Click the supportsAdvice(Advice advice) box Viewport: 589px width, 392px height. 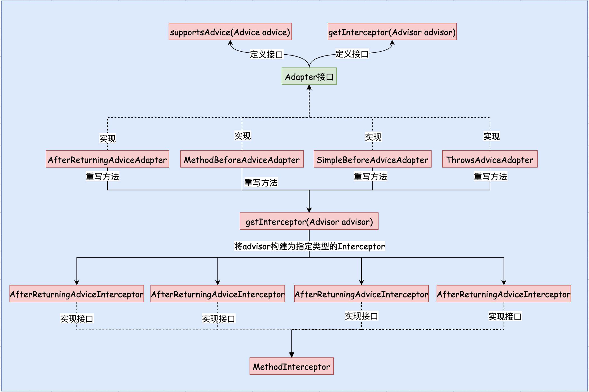click(230, 32)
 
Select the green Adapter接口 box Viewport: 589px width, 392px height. click(309, 76)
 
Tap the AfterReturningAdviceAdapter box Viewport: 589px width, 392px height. click(107, 159)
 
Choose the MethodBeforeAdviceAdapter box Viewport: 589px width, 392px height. click(242, 159)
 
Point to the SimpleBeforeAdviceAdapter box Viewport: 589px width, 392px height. click(372, 159)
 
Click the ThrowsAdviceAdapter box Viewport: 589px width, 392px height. click(490, 159)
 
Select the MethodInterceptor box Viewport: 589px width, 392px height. click(291, 366)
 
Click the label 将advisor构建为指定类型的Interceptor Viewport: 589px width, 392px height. click(309, 246)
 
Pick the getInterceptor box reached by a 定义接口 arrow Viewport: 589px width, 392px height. click(392, 32)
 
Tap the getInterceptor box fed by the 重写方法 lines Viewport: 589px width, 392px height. click(309, 221)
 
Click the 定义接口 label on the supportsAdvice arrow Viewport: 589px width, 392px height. click(266, 54)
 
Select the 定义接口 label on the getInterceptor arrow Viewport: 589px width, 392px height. click(352, 54)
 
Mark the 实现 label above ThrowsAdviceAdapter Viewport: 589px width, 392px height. click(491, 136)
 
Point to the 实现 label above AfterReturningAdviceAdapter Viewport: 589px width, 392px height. click(107, 138)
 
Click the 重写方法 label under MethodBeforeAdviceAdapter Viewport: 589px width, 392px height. click(261, 183)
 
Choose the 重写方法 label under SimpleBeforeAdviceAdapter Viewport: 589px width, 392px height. click(370, 176)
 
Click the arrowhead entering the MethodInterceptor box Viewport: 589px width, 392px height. click(292, 355)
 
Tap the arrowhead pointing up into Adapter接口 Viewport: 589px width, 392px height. click(309, 87)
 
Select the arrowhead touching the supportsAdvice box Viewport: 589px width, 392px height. click(230, 43)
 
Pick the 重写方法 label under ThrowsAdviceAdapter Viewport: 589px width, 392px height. click(490, 176)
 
